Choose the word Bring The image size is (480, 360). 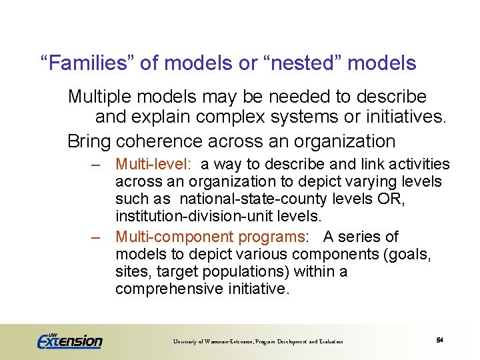pos(89,141)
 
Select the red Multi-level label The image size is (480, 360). pos(155,164)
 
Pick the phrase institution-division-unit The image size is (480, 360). pos(200,216)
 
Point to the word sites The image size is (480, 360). pos(131,272)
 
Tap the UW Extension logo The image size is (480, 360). pos(70,341)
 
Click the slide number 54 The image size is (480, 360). pos(440,340)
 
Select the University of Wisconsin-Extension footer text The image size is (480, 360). pos(258,341)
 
